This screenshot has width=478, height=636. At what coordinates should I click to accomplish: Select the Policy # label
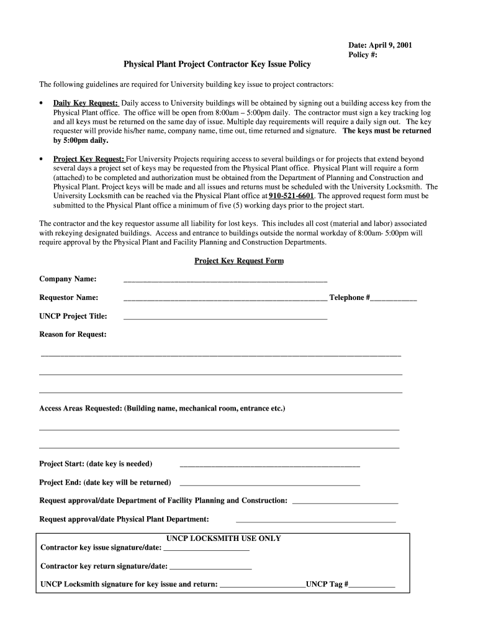tap(363, 55)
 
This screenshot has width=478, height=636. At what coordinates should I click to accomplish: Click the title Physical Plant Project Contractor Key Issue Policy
tap(217, 65)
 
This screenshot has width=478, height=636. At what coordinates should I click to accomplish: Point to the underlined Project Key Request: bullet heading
tap(89, 159)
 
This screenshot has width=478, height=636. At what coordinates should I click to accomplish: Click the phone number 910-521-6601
tap(291, 196)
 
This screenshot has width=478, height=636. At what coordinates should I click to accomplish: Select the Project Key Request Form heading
tap(239, 261)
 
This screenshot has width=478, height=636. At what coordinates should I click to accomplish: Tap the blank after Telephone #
tap(394, 299)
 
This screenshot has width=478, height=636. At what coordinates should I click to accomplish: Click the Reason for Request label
tap(73, 334)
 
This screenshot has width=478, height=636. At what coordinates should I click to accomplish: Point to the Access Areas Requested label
tap(162, 409)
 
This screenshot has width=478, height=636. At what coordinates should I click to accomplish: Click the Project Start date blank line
tap(269, 465)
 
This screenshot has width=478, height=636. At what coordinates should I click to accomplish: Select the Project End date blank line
tap(269, 484)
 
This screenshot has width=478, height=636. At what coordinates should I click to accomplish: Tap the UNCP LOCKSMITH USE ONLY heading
tap(223, 538)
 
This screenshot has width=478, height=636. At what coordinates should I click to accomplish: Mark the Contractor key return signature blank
tap(210, 568)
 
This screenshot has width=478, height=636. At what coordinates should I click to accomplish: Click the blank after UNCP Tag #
tap(372, 586)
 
